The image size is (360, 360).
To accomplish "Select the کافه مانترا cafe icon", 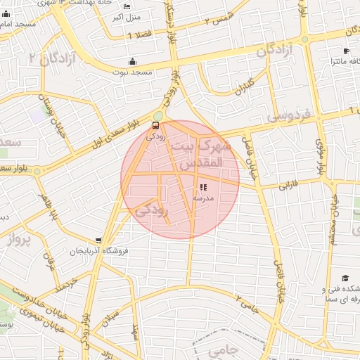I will [345, 51].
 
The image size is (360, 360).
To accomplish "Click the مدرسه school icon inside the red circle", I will [203, 188].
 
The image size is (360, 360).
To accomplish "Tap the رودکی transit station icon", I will [155, 126].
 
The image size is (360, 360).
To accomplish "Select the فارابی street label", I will [289, 187].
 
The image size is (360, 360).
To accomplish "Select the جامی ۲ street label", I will [247, 304].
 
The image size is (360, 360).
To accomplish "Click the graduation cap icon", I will [345, 278].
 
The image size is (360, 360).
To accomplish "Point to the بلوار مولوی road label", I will [321, 157].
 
